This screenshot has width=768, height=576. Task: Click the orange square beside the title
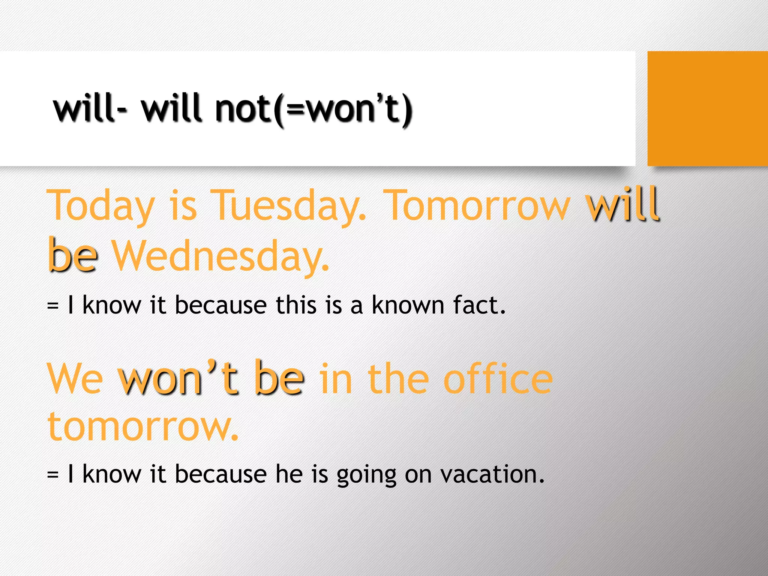click(x=707, y=108)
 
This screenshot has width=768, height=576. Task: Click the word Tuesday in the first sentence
click(x=288, y=206)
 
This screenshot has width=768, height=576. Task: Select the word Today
click(x=100, y=206)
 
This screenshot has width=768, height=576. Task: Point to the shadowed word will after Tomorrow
click(x=623, y=204)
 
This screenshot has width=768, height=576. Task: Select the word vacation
click(x=492, y=474)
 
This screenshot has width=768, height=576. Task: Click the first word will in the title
click(x=85, y=109)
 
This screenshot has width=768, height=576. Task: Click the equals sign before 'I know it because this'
click(x=53, y=306)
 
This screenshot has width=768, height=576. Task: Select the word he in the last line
click(x=289, y=474)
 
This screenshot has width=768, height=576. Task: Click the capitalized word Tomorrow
click(x=476, y=206)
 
